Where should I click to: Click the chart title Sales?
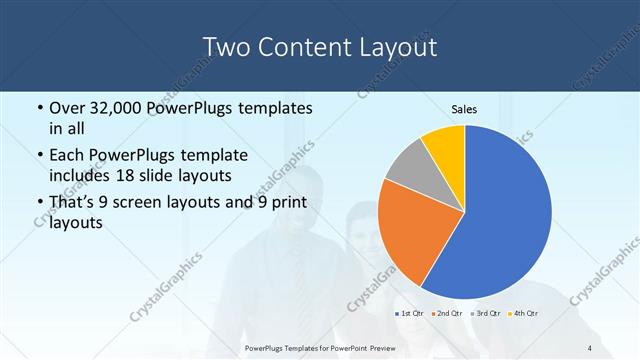pos(465,109)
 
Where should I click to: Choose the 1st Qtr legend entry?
pos(410,313)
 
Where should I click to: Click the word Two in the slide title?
pos(228,47)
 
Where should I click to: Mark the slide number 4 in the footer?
pos(590,347)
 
